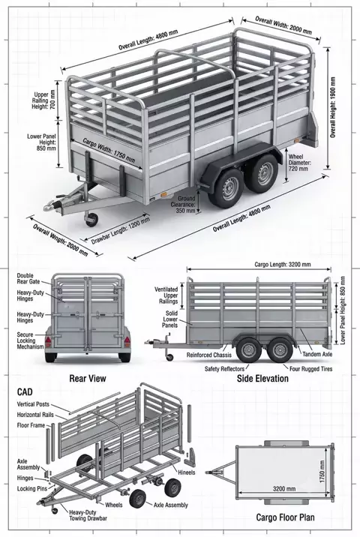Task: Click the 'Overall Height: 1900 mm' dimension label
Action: point(333,107)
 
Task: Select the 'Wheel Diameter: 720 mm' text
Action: point(300,163)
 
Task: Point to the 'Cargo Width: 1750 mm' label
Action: point(109,150)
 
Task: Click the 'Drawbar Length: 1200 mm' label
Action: point(121,230)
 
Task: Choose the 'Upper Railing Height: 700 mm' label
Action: point(44,100)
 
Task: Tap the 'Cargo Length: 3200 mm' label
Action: point(283,265)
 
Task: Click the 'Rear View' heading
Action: point(88,379)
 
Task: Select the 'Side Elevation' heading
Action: point(262,379)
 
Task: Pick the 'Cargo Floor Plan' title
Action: point(285,517)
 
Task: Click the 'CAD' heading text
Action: point(25,391)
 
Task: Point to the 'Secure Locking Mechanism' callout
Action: point(31,340)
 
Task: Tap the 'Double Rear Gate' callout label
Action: point(28,279)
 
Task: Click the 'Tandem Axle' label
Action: point(317,355)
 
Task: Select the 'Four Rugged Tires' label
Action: point(311,369)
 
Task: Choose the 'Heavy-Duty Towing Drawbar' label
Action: point(88,515)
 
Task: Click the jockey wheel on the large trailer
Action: point(91,219)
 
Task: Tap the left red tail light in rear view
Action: point(48,341)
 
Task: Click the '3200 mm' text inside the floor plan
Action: point(284,488)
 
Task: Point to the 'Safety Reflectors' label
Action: point(224,369)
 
